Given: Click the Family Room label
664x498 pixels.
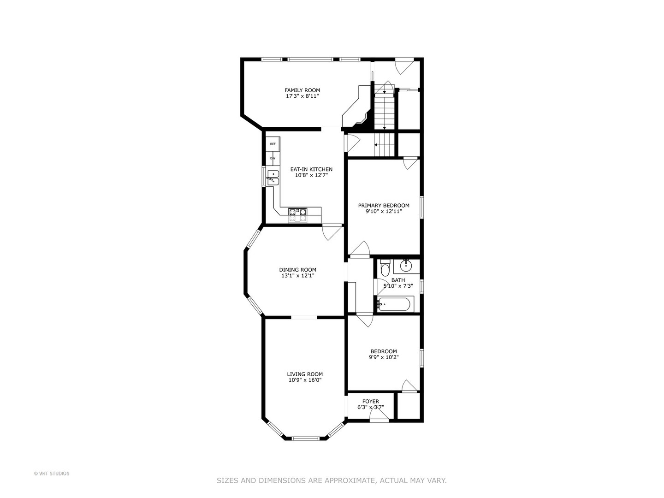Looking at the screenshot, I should pos(302,90).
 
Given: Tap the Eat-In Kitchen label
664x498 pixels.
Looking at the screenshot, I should pos(311,169).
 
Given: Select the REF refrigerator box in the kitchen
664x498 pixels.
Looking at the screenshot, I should pos(273,144).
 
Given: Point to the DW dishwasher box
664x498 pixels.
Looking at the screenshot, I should pos(273,158).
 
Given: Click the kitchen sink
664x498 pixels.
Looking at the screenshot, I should pos(273,178).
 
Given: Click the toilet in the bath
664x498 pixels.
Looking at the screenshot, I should pos(385,268).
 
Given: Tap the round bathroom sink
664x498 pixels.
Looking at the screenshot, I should pos(406,266).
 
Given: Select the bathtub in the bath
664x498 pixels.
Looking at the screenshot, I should pos(396,304).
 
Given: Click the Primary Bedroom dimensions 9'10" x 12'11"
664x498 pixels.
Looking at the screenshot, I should pos(384,212).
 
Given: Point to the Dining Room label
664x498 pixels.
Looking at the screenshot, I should pos(297,270).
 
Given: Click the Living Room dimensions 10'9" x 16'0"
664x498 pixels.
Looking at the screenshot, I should pos(305,380).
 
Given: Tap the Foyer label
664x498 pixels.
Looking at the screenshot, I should pos(370,402).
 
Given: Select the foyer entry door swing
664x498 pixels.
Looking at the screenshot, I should pos(379,415).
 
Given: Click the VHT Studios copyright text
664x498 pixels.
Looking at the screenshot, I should pos(52,474).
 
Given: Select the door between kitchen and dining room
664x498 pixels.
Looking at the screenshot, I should pos(332,231).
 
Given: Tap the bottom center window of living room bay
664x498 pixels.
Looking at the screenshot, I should pos(305,438).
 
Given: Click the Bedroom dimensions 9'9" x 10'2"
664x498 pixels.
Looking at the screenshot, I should pos(384,357).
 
